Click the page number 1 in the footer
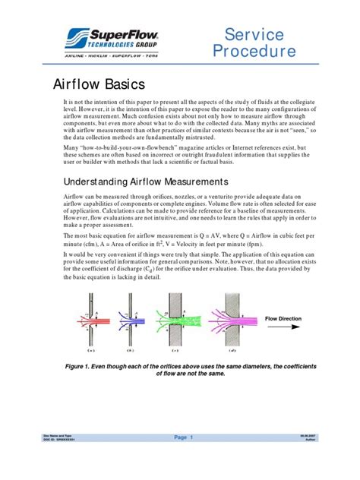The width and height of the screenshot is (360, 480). (x=193, y=437)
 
